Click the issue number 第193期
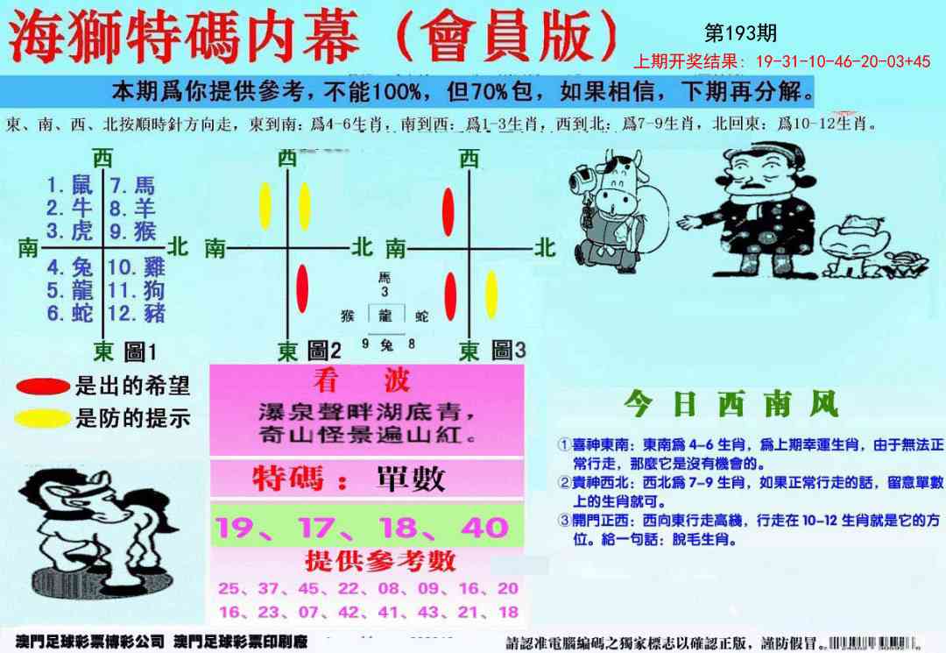(x=740, y=33)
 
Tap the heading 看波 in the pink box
(x=361, y=380)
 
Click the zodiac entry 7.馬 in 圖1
(x=131, y=185)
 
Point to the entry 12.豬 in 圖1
(x=137, y=313)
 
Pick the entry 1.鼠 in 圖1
(x=69, y=185)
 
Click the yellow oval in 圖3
(x=492, y=293)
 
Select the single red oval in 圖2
(x=303, y=287)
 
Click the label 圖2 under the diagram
(x=323, y=351)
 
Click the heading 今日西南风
(x=731, y=404)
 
